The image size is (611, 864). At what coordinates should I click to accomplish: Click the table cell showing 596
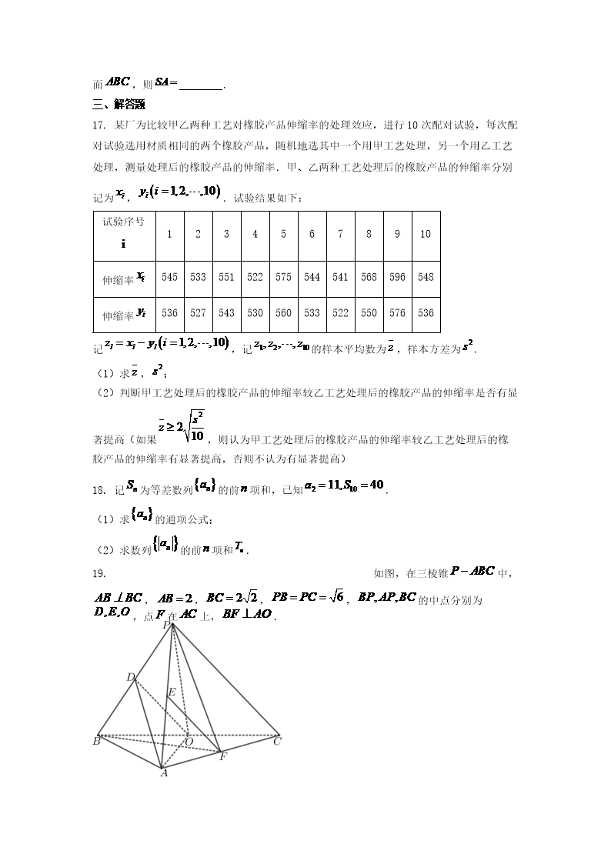(397, 277)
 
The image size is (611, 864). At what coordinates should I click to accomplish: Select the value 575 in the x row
(283, 277)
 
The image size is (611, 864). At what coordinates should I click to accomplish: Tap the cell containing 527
(198, 313)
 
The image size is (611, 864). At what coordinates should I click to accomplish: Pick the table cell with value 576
(397, 313)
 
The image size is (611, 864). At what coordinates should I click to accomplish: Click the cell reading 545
(169, 277)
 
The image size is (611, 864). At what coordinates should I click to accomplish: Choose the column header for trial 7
(340, 234)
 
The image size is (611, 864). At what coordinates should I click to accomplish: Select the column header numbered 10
(426, 234)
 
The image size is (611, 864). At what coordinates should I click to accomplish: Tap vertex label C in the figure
(277, 742)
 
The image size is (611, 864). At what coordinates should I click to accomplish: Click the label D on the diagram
(130, 677)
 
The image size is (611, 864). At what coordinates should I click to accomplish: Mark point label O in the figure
(189, 742)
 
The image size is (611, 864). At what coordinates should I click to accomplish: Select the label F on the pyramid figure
(222, 756)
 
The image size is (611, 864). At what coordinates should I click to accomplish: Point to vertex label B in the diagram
(96, 742)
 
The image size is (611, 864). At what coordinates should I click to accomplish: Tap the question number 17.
(98, 125)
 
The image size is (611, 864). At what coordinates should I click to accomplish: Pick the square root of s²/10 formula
(196, 425)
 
